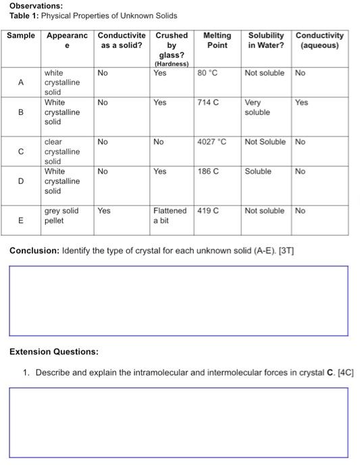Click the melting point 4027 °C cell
pyautogui.click(x=211, y=143)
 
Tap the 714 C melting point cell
pyautogui.click(x=208, y=103)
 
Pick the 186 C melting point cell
pyautogui.click(x=208, y=172)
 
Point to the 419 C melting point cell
pyautogui.click(x=208, y=211)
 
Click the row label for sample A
pyautogui.click(x=21, y=82)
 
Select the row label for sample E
pyautogui.click(x=21, y=220)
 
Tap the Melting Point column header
pyautogui.click(x=217, y=40)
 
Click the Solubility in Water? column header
pyautogui.click(x=266, y=40)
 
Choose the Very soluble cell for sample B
pyautogui.click(x=257, y=107)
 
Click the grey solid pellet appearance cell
pyautogui.click(x=61, y=216)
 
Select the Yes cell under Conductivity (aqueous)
pyautogui.click(x=301, y=103)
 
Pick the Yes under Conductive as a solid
pyautogui.click(x=104, y=211)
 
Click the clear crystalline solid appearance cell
pyautogui.click(x=61, y=152)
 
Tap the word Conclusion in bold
pyautogui.click(x=33, y=251)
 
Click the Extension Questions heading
pyautogui.click(x=53, y=352)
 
